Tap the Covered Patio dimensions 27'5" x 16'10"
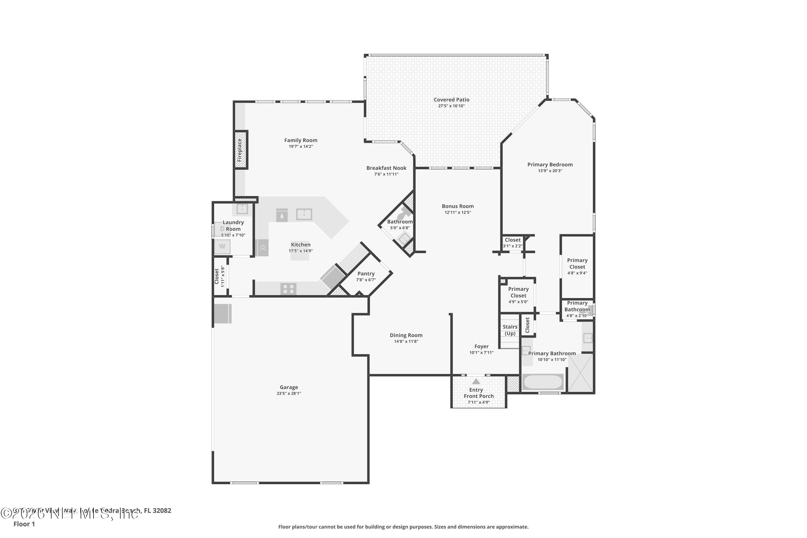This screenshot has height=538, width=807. pos(451,106)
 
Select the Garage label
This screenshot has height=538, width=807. pos(289,387)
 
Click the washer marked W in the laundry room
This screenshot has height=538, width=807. pos(222,246)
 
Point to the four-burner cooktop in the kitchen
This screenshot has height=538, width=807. pos(288,289)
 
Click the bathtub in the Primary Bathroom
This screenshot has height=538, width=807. pos(542,382)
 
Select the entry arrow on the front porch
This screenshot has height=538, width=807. pos(476,381)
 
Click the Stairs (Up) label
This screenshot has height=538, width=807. pos(510,330)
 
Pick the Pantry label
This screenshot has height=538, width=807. pos(366,274)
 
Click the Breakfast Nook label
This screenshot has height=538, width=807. pos(386,168)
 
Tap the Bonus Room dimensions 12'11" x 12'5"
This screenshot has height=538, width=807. pos(458,213)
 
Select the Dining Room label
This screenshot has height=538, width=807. pos(406,335)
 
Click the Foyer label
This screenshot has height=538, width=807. pos(482,346)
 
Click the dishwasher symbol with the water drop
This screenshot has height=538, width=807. pos(282,215)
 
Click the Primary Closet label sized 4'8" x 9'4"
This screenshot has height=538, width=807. pos(577,264)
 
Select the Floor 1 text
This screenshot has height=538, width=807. pos(24,524)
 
